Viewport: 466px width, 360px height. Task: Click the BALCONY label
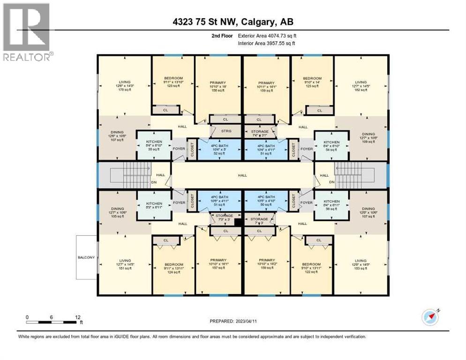click(x=87, y=257)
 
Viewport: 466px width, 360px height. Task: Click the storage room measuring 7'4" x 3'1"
click(x=259, y=132)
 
